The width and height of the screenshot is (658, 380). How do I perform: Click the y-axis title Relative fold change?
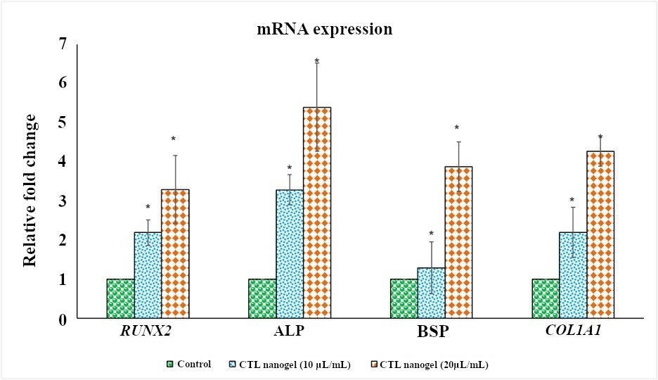[x=29, y=182]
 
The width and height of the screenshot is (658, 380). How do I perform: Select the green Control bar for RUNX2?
[x=120, y=299]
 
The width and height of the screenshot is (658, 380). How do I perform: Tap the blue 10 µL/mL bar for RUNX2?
[x=148, y=275]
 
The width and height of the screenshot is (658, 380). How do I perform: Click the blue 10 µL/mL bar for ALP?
[x=290, y=254]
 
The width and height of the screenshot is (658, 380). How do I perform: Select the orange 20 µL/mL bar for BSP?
[x=458, y=242]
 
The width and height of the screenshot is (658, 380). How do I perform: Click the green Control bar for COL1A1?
[x=546, y=299]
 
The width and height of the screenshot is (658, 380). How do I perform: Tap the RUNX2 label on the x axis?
[x=148, y=332]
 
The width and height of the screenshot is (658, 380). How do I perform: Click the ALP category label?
[x=289, y=332]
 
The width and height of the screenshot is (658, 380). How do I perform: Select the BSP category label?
[x=431, y=332]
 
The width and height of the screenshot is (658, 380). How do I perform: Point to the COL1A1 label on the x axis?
[x=572, y=332]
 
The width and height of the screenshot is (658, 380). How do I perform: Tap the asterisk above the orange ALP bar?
[x=317, y=61]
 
